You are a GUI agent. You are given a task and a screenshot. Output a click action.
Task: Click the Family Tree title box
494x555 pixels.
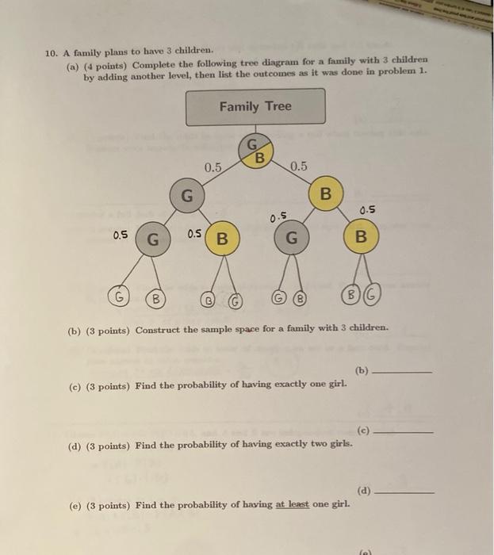click(255, 106)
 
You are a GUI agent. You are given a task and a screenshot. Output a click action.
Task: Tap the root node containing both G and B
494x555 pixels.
click(255, 151)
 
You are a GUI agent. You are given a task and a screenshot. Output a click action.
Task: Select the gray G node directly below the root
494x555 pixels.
click(186, 194)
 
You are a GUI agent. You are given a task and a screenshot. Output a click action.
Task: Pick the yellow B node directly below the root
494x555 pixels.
click(325, 194)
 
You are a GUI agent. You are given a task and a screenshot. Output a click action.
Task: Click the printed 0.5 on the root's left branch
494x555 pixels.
click(213, 167)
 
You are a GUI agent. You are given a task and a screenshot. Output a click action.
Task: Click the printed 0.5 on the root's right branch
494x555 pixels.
click(298, 166)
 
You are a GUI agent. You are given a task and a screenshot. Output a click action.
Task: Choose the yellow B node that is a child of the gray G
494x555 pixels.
click(223, 237)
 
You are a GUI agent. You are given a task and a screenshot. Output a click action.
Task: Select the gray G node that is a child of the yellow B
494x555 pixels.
click(292, 237)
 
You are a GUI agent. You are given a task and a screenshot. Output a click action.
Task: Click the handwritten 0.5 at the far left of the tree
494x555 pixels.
click(121, 235)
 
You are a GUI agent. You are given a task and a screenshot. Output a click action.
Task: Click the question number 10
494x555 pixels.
click(52, 54)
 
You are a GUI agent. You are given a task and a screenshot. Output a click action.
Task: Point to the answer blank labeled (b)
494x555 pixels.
click(402, 372)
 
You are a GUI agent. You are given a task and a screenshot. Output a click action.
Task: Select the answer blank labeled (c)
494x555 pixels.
click(404, 432)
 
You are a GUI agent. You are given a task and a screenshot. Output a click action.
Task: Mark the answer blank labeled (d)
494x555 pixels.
click(404, 492)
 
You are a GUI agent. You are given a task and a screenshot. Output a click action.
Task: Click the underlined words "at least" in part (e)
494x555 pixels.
click(293, 505)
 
